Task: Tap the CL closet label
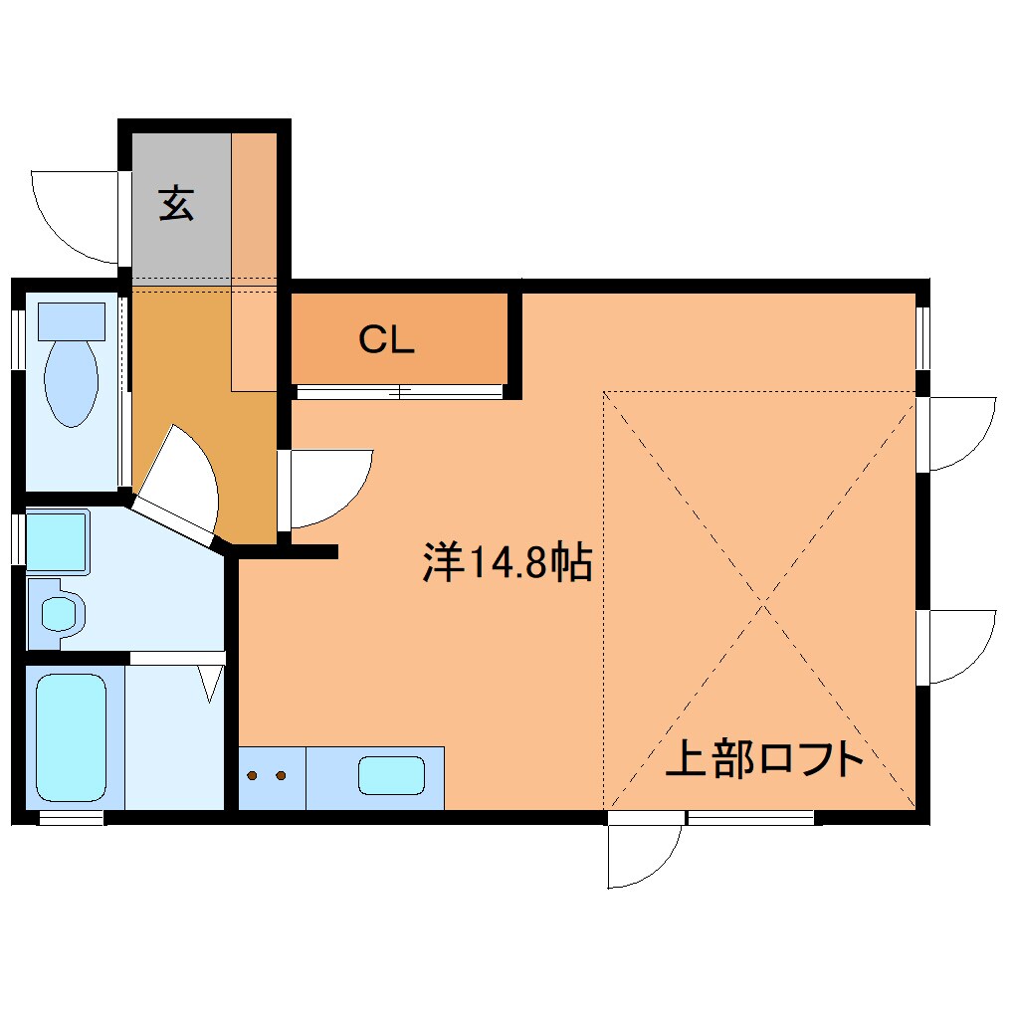point(386,341)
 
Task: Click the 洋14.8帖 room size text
point(507,563)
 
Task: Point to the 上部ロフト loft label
point(763,759)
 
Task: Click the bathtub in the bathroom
point(72,738)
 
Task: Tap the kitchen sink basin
point(391,775)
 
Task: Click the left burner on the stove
point(254,775)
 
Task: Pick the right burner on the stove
point(282,775)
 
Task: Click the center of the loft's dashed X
point(762,602)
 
